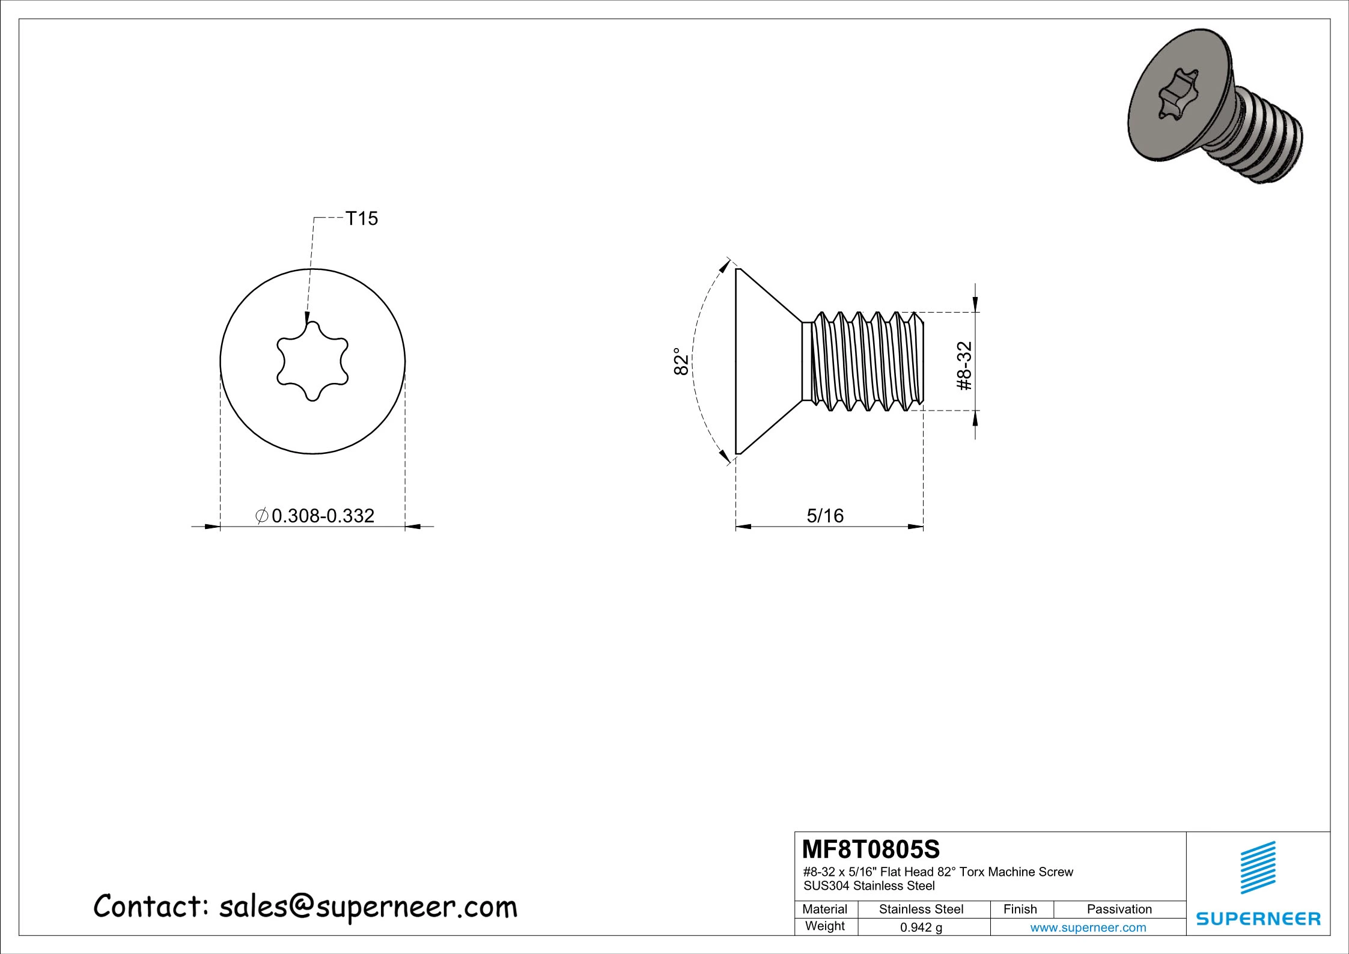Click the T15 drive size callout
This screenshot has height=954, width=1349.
pyautogui.click(x=361, y=219)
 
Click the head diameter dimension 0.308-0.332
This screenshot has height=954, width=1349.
pyautogui.click(x=323, y=516)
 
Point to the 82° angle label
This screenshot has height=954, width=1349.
pyautogui.click(x=680, y=361)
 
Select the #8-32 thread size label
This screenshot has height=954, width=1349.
pyautogui.click(x=964, y=366)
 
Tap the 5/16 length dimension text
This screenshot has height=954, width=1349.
pyautogui.click(x=824, y=516)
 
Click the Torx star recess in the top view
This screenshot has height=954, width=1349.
pyautogui.click(x=312, y=361)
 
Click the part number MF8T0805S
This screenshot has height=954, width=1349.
pyautogui.click(x=871, y=850)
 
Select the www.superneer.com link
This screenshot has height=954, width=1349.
pyautogui.click(x=1088, y=928)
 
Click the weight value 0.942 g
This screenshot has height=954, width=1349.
pyautogui.click(x=921, y=928)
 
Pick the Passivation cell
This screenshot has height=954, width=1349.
pyautogui.click(x=1119, y=910)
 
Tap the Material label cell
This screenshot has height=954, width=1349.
pyautogui.click(x=824, y=910)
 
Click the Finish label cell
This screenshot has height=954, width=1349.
pyautogui.click(x=1020, y=910)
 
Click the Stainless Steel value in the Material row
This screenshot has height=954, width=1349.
pyautogui.click(x=921, y=910)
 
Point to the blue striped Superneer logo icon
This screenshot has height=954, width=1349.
pyautogui.click(x=1258, y=867)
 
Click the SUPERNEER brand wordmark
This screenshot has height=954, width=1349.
pyautogui.click(x=1258, y=919)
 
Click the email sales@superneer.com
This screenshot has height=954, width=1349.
pyautogui.click(x=368, y=907)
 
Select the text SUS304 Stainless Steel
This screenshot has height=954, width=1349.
pyautogui.click(x=869, y=885)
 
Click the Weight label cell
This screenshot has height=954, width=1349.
pyautogui.click(x=824, y=926)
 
